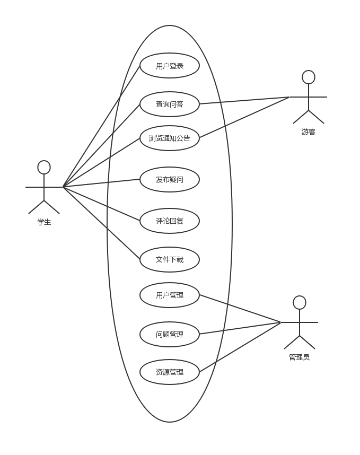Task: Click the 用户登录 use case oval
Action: pos(170,66)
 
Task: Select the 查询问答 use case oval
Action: pos(170,104)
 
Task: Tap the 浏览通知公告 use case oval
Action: pos(170,138)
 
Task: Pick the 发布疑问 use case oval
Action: pos(170,180)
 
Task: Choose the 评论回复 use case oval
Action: pos(170,221)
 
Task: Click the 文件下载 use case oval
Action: pos(170,260)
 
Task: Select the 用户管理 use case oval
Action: pos(170,295)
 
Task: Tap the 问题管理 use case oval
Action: pos(170,335)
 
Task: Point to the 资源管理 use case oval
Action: pos(170,372)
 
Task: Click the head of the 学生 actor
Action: pos(44,168)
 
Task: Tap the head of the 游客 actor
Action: pos(309,77)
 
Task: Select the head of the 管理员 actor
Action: pos(300,303)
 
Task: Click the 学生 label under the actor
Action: pos(44,222)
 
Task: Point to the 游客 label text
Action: pos(309,132)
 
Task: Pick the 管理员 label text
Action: pos(300,357)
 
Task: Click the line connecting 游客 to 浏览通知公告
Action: pos(244,118)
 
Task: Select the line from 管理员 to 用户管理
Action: pos(240,309)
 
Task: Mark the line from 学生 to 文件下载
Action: pos(102,223)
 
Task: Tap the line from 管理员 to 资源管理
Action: pos(240,347)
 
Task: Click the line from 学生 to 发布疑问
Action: pos(102,183)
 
